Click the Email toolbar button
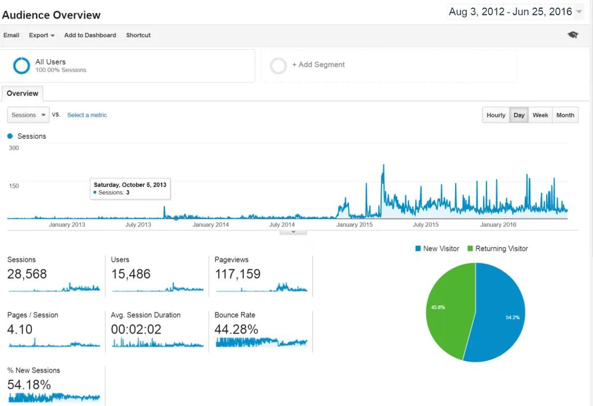point(11,35)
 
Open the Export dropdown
point(42,35)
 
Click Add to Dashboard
point(90,35)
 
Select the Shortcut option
point(138,35)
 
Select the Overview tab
point(23,93)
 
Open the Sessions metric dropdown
point(28,115)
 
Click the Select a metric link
point(87,115)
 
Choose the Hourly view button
point(496,115)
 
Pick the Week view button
point(540,115)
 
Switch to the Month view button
point(565,115)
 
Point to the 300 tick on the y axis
point(13,148)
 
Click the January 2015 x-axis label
point(355,225)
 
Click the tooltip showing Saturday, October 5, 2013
point(130,189)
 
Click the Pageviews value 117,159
point(237,274)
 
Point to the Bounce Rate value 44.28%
point(236,330)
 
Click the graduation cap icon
point(573,35)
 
